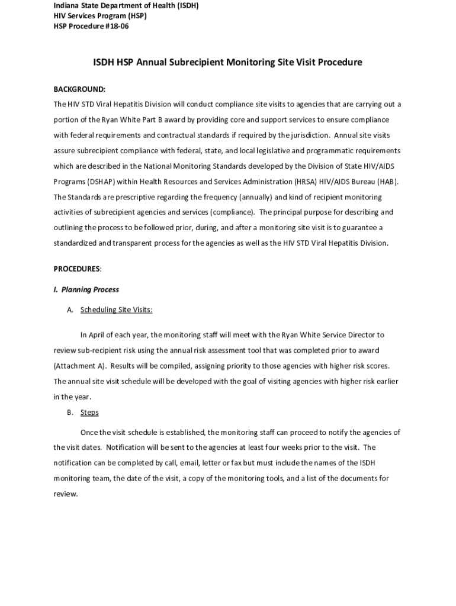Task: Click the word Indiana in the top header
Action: coord(68,5)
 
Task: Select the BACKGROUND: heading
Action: coord(79,89)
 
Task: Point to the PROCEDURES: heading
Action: coord(78,269)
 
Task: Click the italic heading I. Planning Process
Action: coord(86,289)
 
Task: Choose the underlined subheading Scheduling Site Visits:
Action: coord(116,310)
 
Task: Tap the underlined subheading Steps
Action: coord(89,412)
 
